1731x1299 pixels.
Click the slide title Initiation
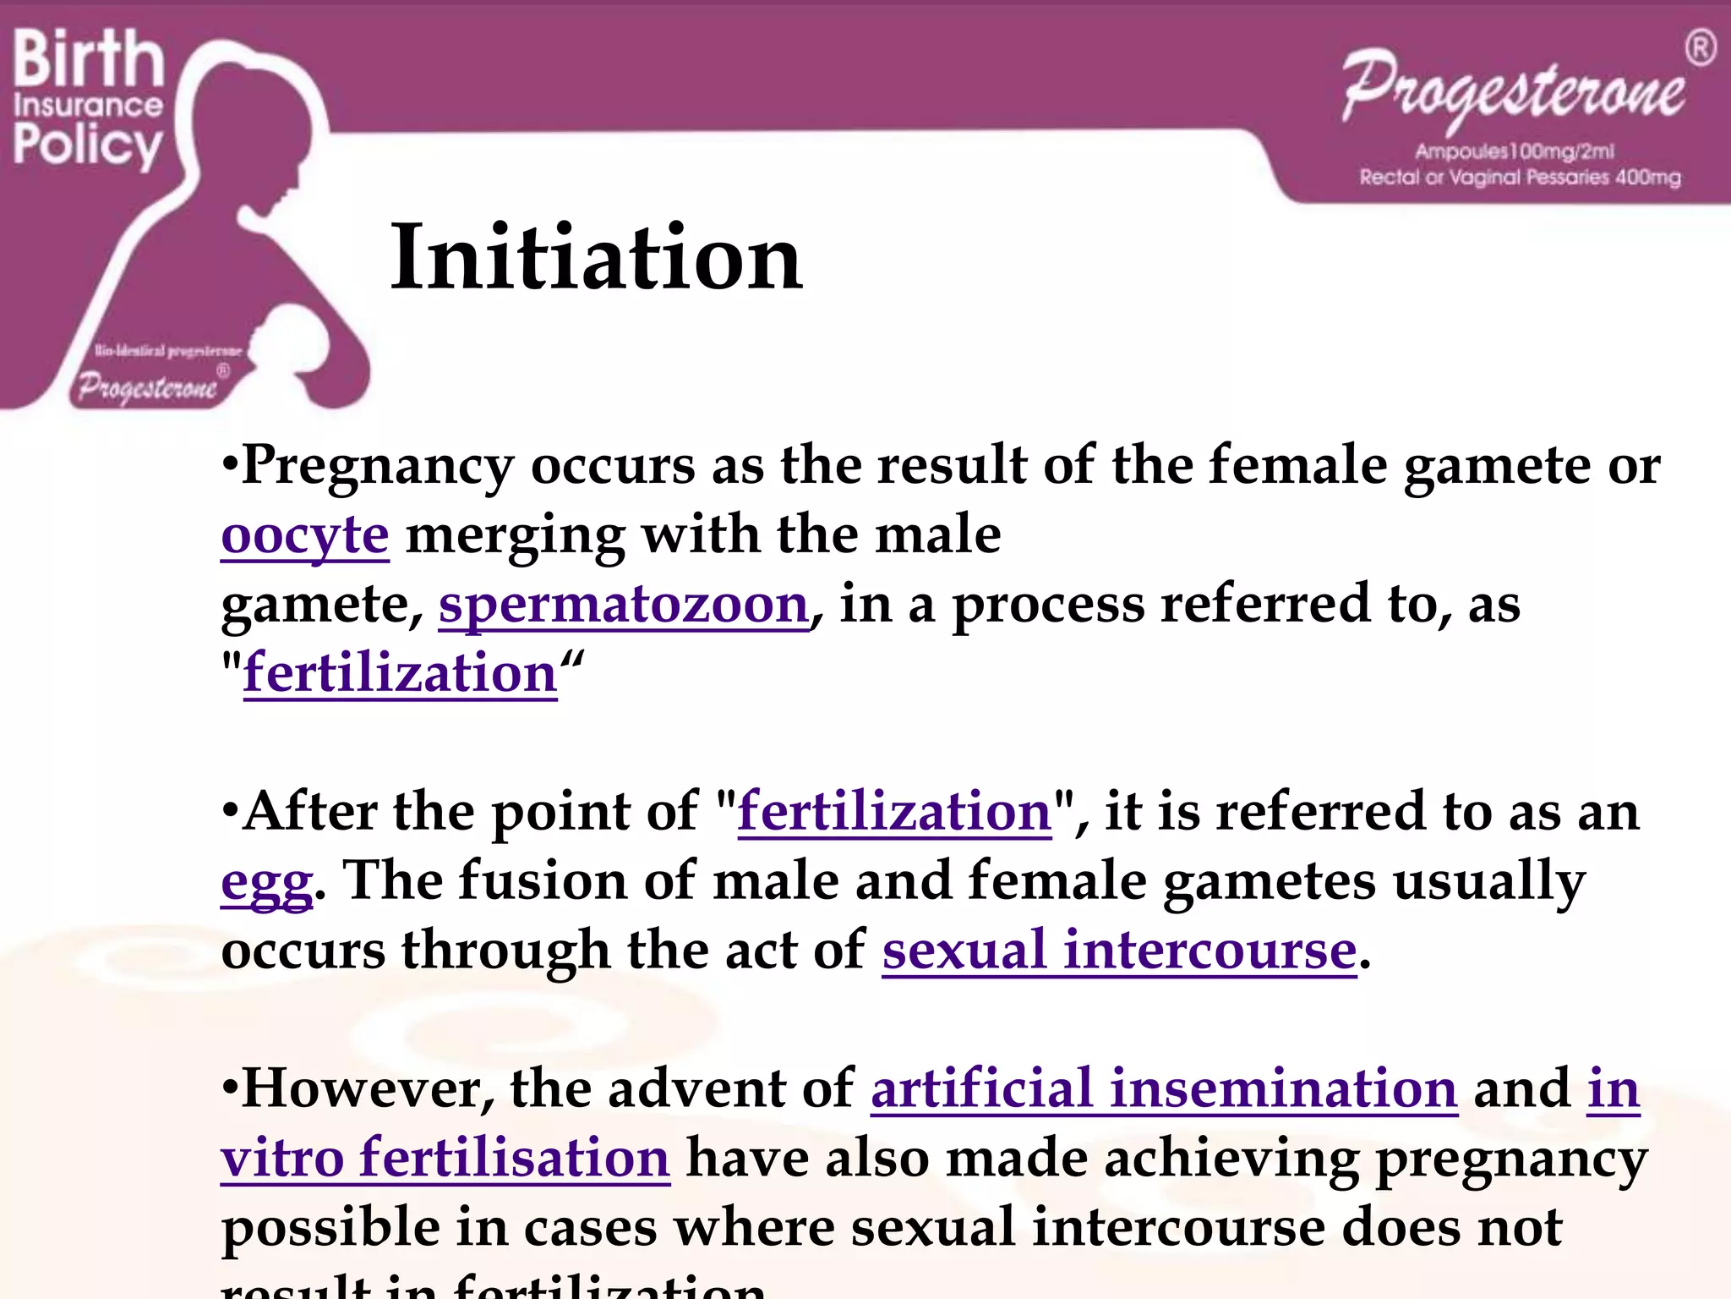[x=596, y=257]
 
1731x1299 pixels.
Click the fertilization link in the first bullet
[x=400, y=674]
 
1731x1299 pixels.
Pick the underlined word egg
[x=266, y=883]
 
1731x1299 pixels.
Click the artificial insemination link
[x=1164, y=1089]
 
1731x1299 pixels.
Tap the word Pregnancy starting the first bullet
[x=377, y=467]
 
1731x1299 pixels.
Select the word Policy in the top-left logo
[x=86, y=145]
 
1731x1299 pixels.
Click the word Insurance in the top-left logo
[x=88, y=105]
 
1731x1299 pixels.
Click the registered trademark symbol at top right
[x=1701, y=48]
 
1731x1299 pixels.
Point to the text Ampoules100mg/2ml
[x=1515, y=151]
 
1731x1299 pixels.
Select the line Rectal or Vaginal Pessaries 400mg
[x=1520, y=178]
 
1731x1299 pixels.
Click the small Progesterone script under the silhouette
[x=148, y=387]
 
